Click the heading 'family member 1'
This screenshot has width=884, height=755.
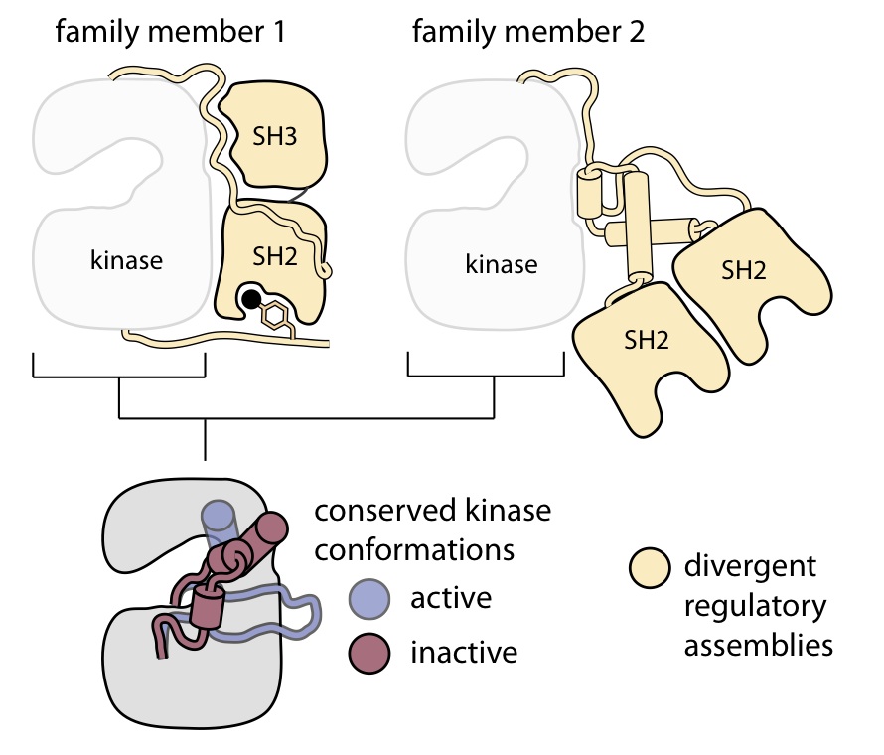170,32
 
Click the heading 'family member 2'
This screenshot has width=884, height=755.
527,32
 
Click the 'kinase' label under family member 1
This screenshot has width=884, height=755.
125,261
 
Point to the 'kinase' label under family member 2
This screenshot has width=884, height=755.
502,265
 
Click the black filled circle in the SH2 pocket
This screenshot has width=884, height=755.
252,298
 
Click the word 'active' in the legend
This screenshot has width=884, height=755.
452,599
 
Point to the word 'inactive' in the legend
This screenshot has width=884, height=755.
464,654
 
